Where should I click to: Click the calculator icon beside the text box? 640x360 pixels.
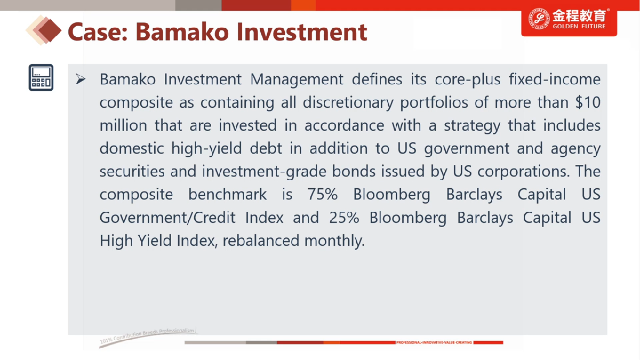[41, 78]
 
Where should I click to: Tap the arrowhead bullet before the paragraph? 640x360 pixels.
[81, 79]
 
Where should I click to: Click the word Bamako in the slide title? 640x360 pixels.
[182, 31]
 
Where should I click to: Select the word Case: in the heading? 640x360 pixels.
[98, 31]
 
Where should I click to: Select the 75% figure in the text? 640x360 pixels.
[322, 194]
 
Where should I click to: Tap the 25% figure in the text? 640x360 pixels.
[344, 218]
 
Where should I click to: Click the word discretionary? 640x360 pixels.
[348, 102]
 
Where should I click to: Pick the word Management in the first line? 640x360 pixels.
[297, 79]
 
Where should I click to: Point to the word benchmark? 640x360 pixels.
[227, 194]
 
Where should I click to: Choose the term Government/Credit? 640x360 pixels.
[167, 218]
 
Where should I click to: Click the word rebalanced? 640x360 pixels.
[260, 241]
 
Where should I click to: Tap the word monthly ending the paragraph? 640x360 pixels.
[334, 241]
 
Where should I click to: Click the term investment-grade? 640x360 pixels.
[265, 172]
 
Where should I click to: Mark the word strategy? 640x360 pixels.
[472, 126]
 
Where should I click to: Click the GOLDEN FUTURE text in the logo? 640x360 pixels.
[579, 26]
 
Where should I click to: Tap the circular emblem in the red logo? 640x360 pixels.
[539, 19]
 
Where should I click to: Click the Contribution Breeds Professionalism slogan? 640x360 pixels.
[148, 335]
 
